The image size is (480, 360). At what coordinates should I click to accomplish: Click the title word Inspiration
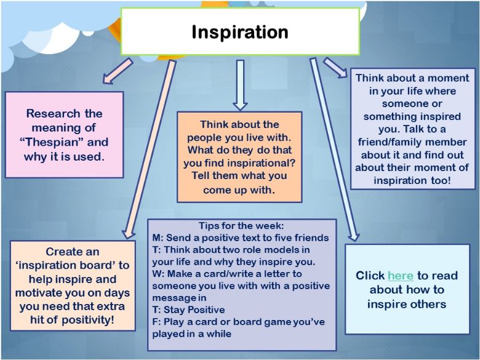click(x=240, y=32)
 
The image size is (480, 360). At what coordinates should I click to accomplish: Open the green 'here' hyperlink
click(x=401, y=276)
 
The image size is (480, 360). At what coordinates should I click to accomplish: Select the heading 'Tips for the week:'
click(x=241, y=226)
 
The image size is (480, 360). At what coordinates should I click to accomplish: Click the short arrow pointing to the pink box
click(x=118, y=71)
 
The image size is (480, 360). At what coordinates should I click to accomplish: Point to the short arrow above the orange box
click(x=240, y=85)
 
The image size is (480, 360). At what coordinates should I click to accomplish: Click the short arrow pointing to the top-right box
click(x=335, y=68)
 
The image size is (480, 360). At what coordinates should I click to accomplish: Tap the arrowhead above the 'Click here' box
click(x=354, y=236)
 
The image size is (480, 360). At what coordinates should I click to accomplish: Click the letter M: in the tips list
click(x=158, y=238)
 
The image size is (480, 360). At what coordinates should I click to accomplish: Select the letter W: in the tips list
click(x=158, y=274)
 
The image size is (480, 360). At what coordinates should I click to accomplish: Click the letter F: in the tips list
click(x=156, y=322)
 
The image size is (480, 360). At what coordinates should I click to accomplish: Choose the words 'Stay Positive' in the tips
click(x=194, y=310)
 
